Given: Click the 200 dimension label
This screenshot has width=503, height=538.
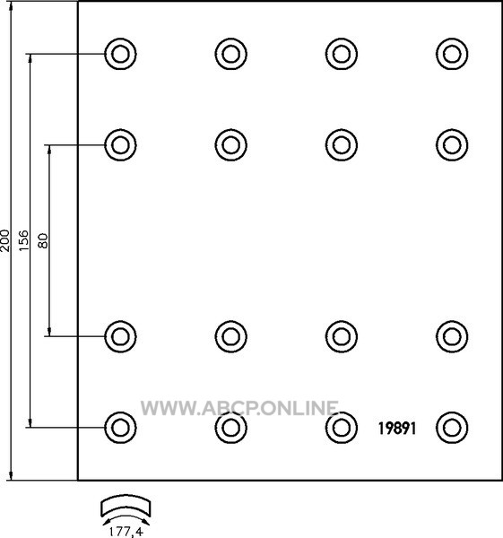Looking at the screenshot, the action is [x=5, y=240].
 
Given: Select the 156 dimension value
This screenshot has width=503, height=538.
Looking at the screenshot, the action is [x=23, y=240].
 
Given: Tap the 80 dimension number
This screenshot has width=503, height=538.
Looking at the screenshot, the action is [x=43, y=240].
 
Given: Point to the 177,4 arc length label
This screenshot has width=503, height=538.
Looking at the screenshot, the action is [x=126, y=532].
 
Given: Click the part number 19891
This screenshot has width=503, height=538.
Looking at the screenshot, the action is [x=397, y=429].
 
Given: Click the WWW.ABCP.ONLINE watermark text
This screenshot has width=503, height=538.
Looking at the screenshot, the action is [x=239, y=408].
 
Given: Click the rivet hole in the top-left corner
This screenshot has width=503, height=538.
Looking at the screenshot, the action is [x=120, y=54].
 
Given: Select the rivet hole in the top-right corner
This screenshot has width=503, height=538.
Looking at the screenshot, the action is [x=452, y=54].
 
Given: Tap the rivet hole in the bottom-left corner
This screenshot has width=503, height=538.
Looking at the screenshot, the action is [x=120, y=428].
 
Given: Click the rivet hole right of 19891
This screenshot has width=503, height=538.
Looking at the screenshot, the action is [x=452, y=428].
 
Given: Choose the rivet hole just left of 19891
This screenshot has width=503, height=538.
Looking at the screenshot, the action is [x=342, y=428].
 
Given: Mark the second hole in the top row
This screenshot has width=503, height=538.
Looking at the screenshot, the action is [x=231, y=54].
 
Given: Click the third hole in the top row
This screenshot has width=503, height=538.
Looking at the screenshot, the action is [x=342, y=54].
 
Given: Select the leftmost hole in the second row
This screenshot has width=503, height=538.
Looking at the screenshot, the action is [x=120, y=144].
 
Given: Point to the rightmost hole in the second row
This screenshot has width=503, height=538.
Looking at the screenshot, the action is [x=452, y=144].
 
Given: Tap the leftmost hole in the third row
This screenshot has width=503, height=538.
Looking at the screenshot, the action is [x=120, y=336].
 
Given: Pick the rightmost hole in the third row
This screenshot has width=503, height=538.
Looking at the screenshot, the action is [x=452, y=336].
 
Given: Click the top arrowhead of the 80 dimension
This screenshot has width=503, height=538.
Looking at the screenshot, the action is [x=49, y=149].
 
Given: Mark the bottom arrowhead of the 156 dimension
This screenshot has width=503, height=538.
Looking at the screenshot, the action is [x=30, y=423].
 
